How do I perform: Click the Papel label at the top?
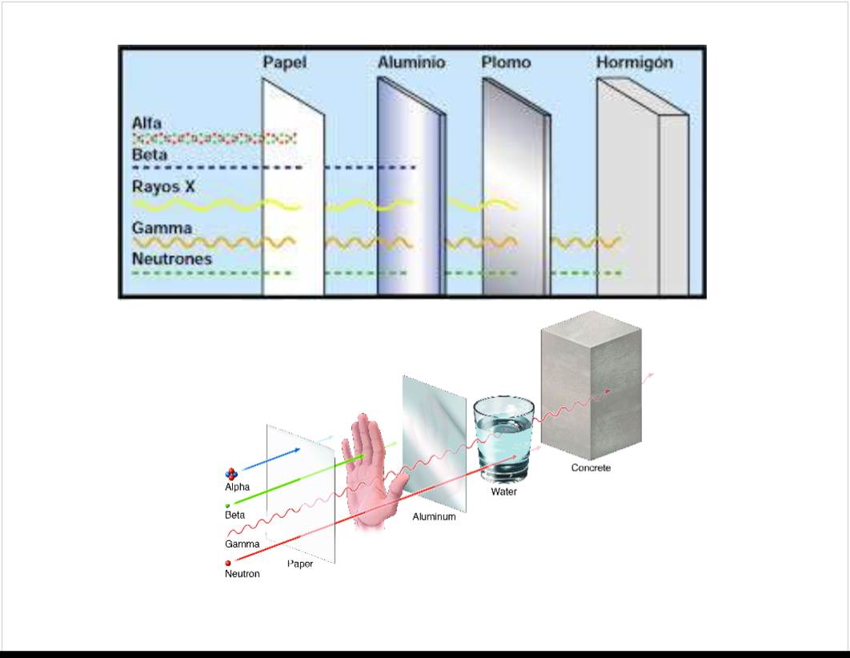click(285, 62)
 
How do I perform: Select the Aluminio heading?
click(411, 62)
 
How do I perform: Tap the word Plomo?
click(506, 62)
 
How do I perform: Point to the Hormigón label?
click(634, 62)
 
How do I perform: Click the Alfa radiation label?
click(147, 123)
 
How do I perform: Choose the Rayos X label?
click(163, 187)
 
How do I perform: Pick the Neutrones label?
click(171, 259)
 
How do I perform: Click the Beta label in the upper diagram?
click(150, 154)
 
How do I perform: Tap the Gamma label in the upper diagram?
click(162, 228)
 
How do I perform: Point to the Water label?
click(503, 491)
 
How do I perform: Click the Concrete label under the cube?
click(591, 467)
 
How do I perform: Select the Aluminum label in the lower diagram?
click(434, 517)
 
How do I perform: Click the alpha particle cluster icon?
click(232, 475)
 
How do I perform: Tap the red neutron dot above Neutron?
click(228, 564)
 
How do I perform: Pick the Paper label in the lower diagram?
click(300, 564)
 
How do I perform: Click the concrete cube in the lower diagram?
click(591, 384)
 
